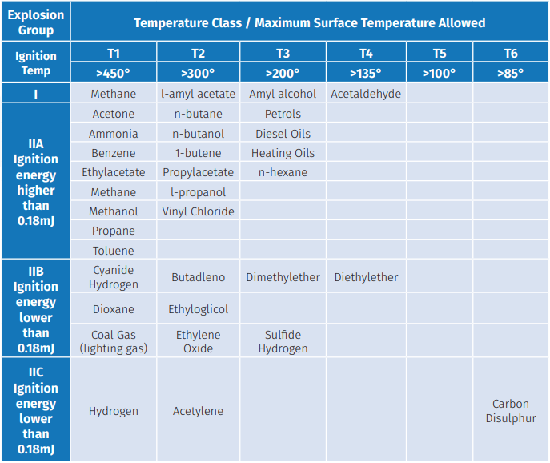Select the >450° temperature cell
pyautogui.click(x=114, y=73)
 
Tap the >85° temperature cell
pyautogui.click(x=510, y=73)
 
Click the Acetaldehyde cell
pyautogui.click(x=366, y=94)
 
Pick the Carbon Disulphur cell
pyautogui.click(x=510, y=410)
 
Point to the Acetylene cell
pyautogui.click(x=199, y=410)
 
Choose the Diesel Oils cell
pyautogui.click(x=283, y=134)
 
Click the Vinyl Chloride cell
pyautogui.click(x=199, y=211)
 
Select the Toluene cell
pyautogui.click(x=114, y=250)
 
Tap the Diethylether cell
pyautogui.click(x=366, y=276)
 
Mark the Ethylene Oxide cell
pyautogui.click(x=199, y=341)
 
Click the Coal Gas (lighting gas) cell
pyautogui.click(x=114, y=341)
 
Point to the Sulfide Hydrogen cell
pyautogui.click(x=283, y=341)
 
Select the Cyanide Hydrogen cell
pyautogui.click(x=114, y=276)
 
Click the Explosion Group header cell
pyautogui.click(x=36, y=22)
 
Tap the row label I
pyautogui.click(x=36, y=94)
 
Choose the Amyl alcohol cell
pyautogui.click(x=283, y=94)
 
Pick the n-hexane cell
pyautogui.click(x=283, y=172)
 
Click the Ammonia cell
pyautogui.click(x=114, y=134)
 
